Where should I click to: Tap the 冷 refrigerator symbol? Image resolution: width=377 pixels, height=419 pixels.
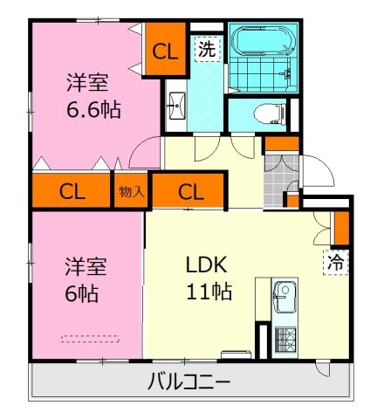335,261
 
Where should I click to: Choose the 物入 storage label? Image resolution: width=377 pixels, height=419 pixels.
131,191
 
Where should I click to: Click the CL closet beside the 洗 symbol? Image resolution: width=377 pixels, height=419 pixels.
164,51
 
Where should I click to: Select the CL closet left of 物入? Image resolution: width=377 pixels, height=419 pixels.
72,191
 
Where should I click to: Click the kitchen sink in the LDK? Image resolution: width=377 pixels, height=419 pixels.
284,298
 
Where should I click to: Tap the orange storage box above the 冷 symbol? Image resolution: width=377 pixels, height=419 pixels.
340,226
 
